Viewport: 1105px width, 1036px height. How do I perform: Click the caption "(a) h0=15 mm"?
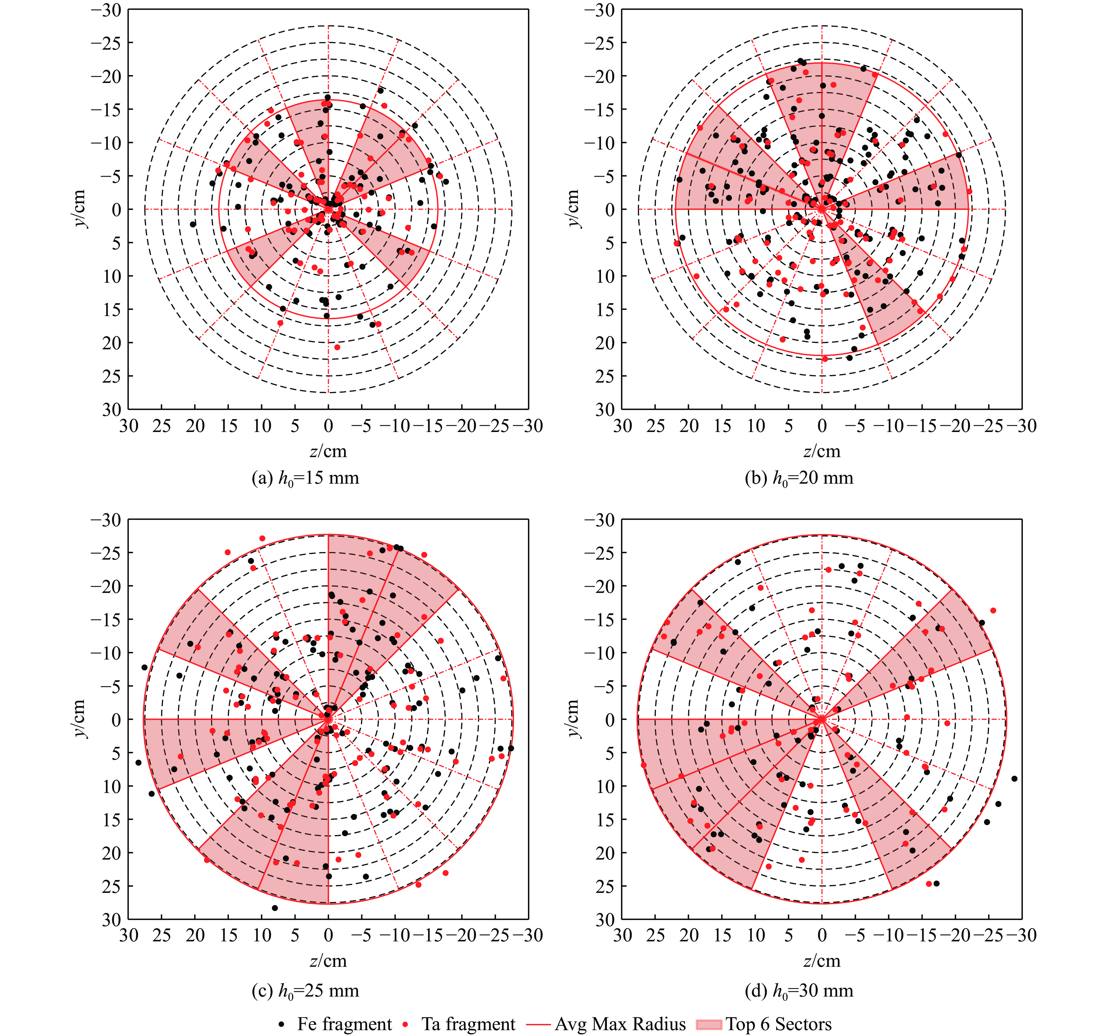tap(305, 478)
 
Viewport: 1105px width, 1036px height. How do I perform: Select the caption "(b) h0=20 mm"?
tap(799, 478)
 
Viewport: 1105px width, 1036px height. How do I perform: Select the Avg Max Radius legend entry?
tap(612, 1024)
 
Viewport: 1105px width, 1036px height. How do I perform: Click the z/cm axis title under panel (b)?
tap(821, 451)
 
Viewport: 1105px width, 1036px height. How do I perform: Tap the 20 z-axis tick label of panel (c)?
tap(195, 936)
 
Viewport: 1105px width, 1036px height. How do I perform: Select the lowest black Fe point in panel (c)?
tap(274, 908)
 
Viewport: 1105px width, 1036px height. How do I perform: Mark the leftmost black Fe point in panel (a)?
tap(193, 224)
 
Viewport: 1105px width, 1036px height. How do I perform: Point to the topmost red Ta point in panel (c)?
tap(262, 538)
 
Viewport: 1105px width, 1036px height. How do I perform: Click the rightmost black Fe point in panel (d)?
tap(1014, 779)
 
